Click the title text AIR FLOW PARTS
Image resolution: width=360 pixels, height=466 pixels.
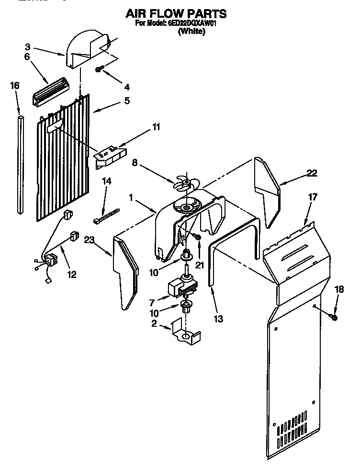pos(176,13)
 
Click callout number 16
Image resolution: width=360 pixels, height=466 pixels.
pos(15,86)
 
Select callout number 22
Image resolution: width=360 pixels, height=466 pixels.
pos(312,173)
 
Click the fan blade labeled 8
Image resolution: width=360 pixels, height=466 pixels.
pos(183,183)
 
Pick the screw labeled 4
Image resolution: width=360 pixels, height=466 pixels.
pos(99,70)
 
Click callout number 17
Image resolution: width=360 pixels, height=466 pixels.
pos(313,196)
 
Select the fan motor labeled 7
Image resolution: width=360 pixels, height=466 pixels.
pos(180,287)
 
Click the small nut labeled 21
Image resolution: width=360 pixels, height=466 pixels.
pos(197,236)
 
